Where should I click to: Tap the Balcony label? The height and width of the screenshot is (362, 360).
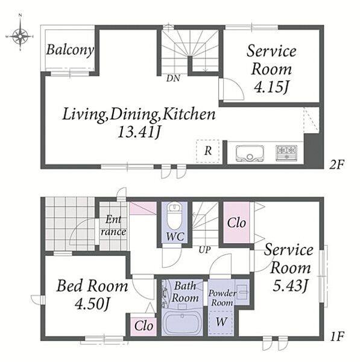tap(70, 50)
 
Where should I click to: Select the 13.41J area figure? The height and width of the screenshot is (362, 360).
tap(139, 133)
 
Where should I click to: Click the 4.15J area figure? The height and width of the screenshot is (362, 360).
tap(271, 87)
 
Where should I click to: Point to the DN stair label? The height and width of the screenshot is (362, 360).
tap(173, 78)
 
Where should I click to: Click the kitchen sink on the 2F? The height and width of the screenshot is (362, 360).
tap(250, 153)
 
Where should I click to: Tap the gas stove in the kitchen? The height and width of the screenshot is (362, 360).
tap(286, 153)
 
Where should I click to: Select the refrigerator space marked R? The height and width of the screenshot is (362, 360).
tap(208, 151)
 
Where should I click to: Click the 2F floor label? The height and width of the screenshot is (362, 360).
tap(337, 165)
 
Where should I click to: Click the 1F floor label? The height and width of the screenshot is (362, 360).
tap(337, 337)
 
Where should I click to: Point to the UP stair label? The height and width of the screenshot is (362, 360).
tap(204, 250)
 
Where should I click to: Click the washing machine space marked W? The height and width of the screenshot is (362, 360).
tap(221, 322)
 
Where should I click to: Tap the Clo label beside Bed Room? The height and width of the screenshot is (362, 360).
tap(144, 326)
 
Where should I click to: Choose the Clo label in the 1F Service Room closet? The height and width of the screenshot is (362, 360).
tap(236, 223)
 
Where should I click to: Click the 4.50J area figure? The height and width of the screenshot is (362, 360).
tap(92, 304)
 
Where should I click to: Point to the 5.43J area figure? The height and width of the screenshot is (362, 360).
tap(290, 285)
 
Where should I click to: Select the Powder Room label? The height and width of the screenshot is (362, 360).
tap(223, 297)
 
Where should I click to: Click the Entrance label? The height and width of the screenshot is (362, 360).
tap(113, 226)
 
